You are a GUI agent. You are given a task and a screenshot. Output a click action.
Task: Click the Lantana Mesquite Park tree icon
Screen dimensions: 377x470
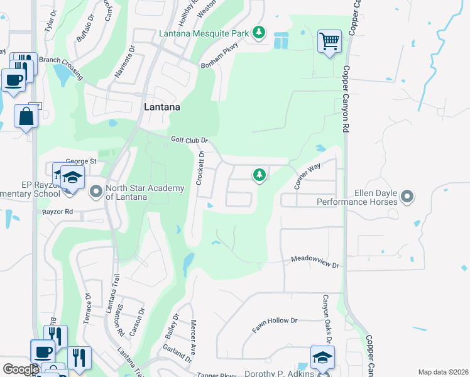[259, 32]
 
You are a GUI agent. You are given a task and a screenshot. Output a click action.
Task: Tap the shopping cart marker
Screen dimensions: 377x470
[329, 41]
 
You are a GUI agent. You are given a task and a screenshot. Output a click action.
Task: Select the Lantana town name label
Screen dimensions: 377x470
[162, 107]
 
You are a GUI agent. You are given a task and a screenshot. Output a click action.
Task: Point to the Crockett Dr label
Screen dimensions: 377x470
[201, 168]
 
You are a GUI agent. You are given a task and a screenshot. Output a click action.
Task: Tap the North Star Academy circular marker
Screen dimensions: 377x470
[96, 190]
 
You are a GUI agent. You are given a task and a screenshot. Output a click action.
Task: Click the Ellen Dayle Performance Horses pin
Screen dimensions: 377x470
[407, 197]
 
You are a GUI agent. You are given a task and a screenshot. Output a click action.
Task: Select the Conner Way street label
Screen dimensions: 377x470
[307, 176]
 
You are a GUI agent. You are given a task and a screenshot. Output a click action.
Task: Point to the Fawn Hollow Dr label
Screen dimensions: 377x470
[274, 324]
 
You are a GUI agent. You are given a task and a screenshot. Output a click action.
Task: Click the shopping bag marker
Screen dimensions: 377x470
[26, 116]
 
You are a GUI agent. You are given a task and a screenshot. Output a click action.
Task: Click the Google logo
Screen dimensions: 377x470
[21, 370]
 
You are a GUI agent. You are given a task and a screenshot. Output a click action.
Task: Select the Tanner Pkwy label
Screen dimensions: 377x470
[217, 375]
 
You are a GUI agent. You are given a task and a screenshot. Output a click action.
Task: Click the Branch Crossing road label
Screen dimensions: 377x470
[61, 65]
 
